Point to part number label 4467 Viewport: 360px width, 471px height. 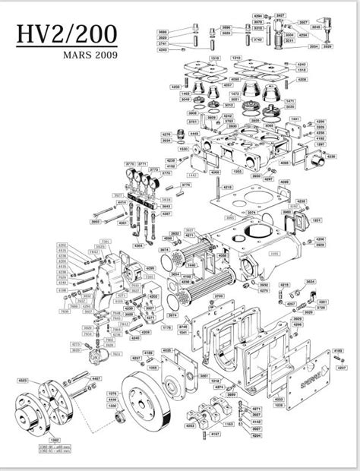(96, 378)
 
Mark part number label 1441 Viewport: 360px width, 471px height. (295, 119)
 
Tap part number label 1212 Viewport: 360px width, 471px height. (214, 381)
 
